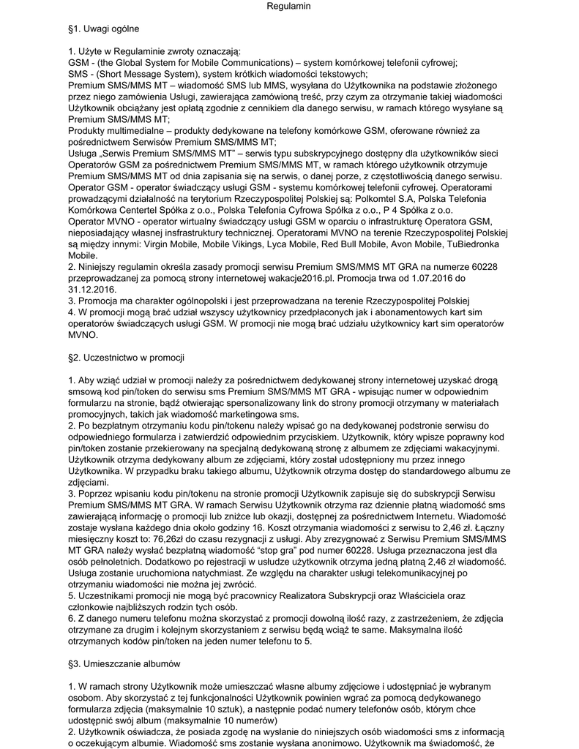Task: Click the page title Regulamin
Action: (x=289, y=6)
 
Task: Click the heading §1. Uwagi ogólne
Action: (x=103, y=29)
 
